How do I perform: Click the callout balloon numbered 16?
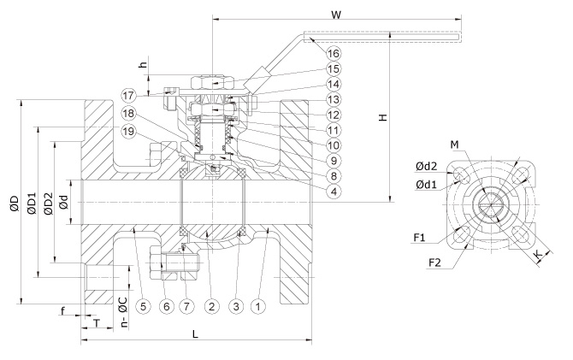click(x=333, y=54)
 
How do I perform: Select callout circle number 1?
click(x=258, y=306)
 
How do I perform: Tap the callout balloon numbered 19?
click(x=128, y=131)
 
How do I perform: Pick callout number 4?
click(x=333, y=191)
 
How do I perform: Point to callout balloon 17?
click(x=128, y=96)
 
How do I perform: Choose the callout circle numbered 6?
click(x=166, y=306)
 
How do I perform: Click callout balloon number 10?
click(x=333, y=145)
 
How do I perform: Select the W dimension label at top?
click(x=336, y=15)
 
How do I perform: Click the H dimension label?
click(x=382, y=117)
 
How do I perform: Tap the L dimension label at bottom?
click(x=195, y=333)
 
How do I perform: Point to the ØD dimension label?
click(x=14, y=204)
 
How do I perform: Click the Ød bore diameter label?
click(x=63, y=202)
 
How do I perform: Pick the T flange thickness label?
click(x=97, y=323)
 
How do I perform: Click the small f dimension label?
click(x=62, y=311)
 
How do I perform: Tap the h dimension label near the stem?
click(x=144, y=64)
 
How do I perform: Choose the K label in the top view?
click(x=539, y=254)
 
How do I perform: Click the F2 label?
click(x=434, y=263)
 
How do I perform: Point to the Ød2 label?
click(x=426, y=167)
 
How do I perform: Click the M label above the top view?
click(x=454, y=145)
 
